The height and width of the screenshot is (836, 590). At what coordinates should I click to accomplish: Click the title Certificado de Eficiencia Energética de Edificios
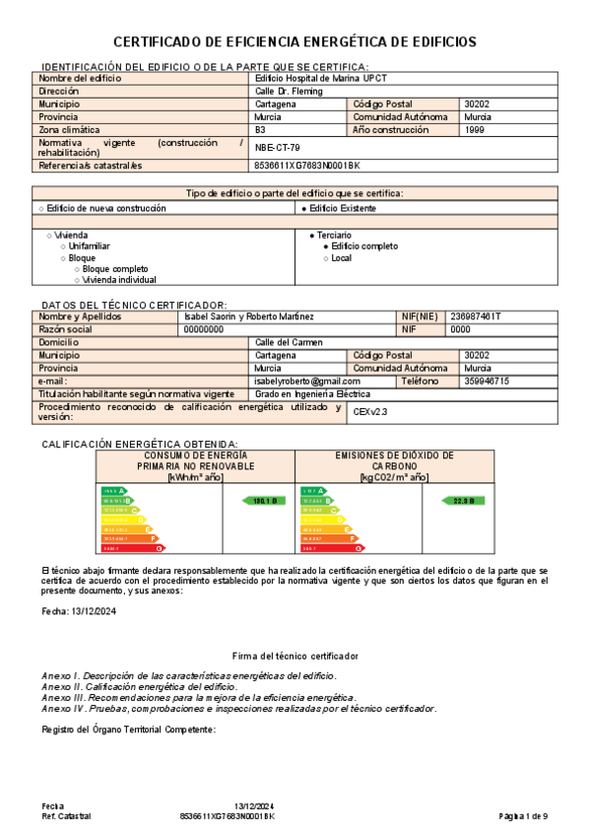[295, 41]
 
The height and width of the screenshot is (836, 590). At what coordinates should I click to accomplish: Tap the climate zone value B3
[260, 129]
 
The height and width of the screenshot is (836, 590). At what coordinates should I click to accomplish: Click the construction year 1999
[474, 129]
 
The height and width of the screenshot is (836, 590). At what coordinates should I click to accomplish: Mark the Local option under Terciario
[341, 258]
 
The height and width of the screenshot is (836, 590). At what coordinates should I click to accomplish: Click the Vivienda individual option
[118, 280]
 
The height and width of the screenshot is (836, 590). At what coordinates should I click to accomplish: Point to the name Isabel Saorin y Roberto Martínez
[249, 316]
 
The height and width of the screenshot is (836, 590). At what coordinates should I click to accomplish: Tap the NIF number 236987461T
[475, 316]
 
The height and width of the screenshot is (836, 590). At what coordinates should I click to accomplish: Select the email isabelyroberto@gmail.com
[307, 381]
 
